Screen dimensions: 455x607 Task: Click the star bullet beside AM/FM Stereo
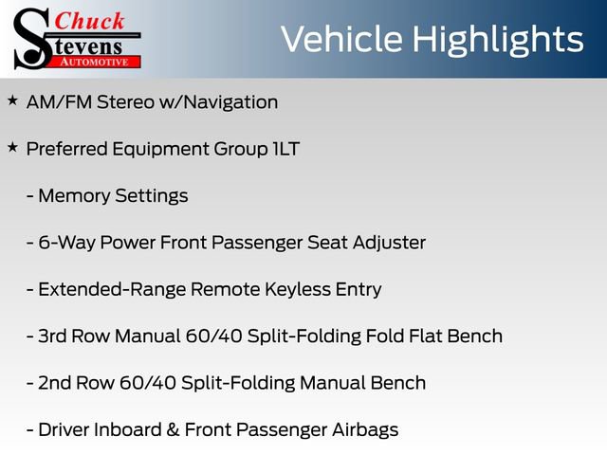coord(12,100)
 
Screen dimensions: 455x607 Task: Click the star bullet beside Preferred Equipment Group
coord(12,147)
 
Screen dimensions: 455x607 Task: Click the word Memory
coord(73,196)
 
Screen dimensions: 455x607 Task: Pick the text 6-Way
coord(64,243)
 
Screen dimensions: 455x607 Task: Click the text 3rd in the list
coord(54,336)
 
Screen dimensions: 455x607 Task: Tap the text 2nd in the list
coord(56,383)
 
